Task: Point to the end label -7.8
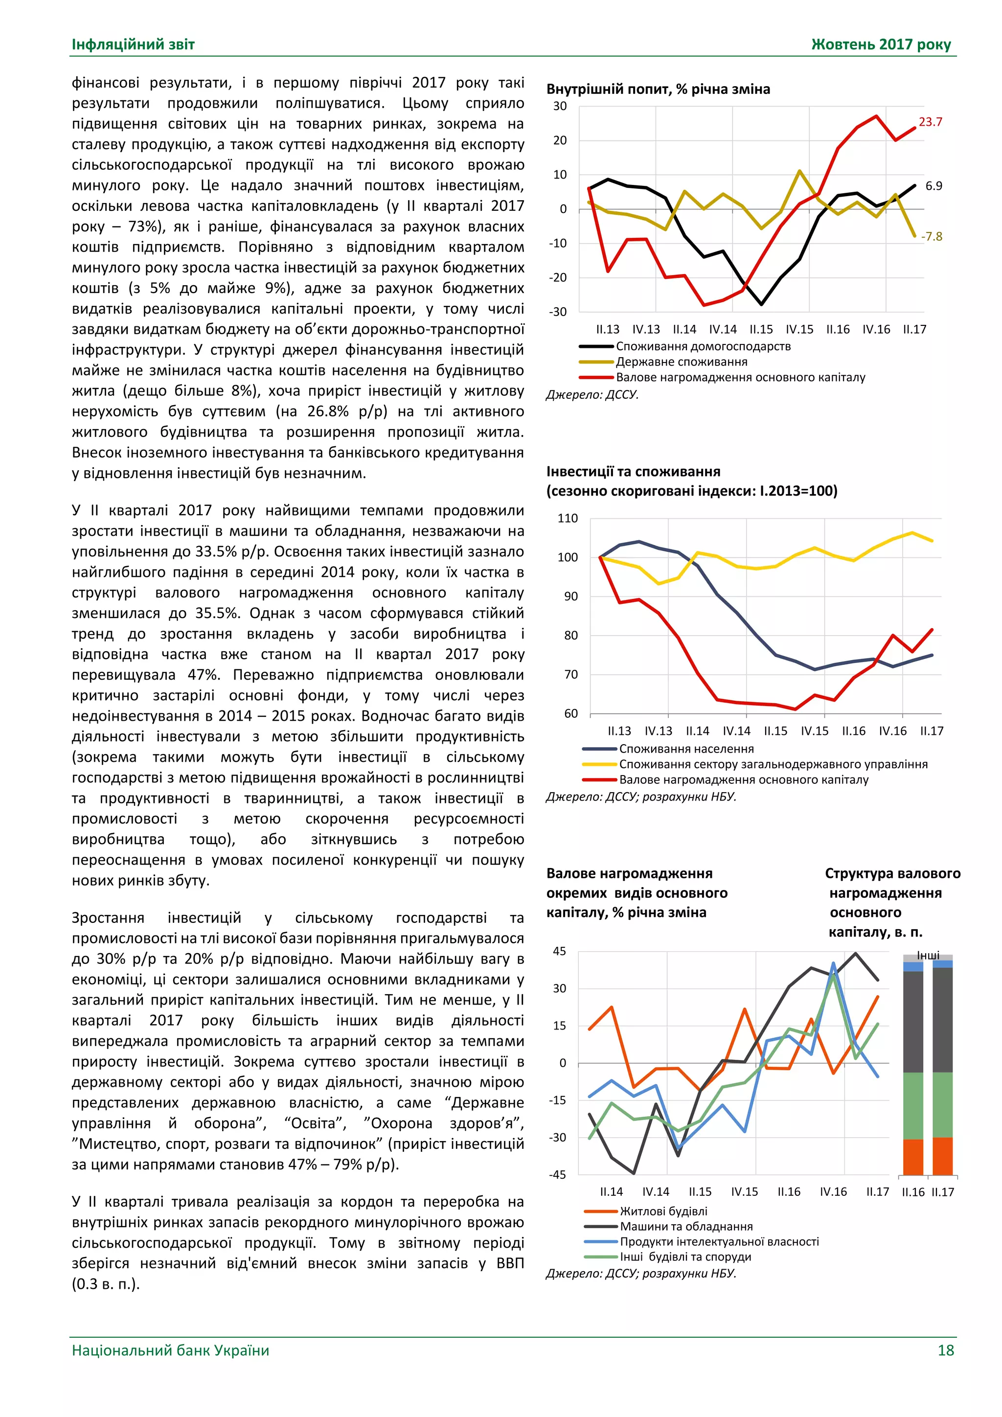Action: (931, 237)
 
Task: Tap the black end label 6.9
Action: (934, 186)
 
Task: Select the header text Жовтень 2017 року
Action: (881, 45)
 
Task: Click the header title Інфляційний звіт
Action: (133, 45)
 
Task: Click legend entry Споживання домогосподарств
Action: (703, 346)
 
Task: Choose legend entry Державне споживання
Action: (681, 362)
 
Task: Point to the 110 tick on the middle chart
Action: (567, 519)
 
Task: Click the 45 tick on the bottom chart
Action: (559, 951)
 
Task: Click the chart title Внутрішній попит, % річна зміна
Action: (658, 89)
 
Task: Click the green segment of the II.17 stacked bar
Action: (942, 1105)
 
